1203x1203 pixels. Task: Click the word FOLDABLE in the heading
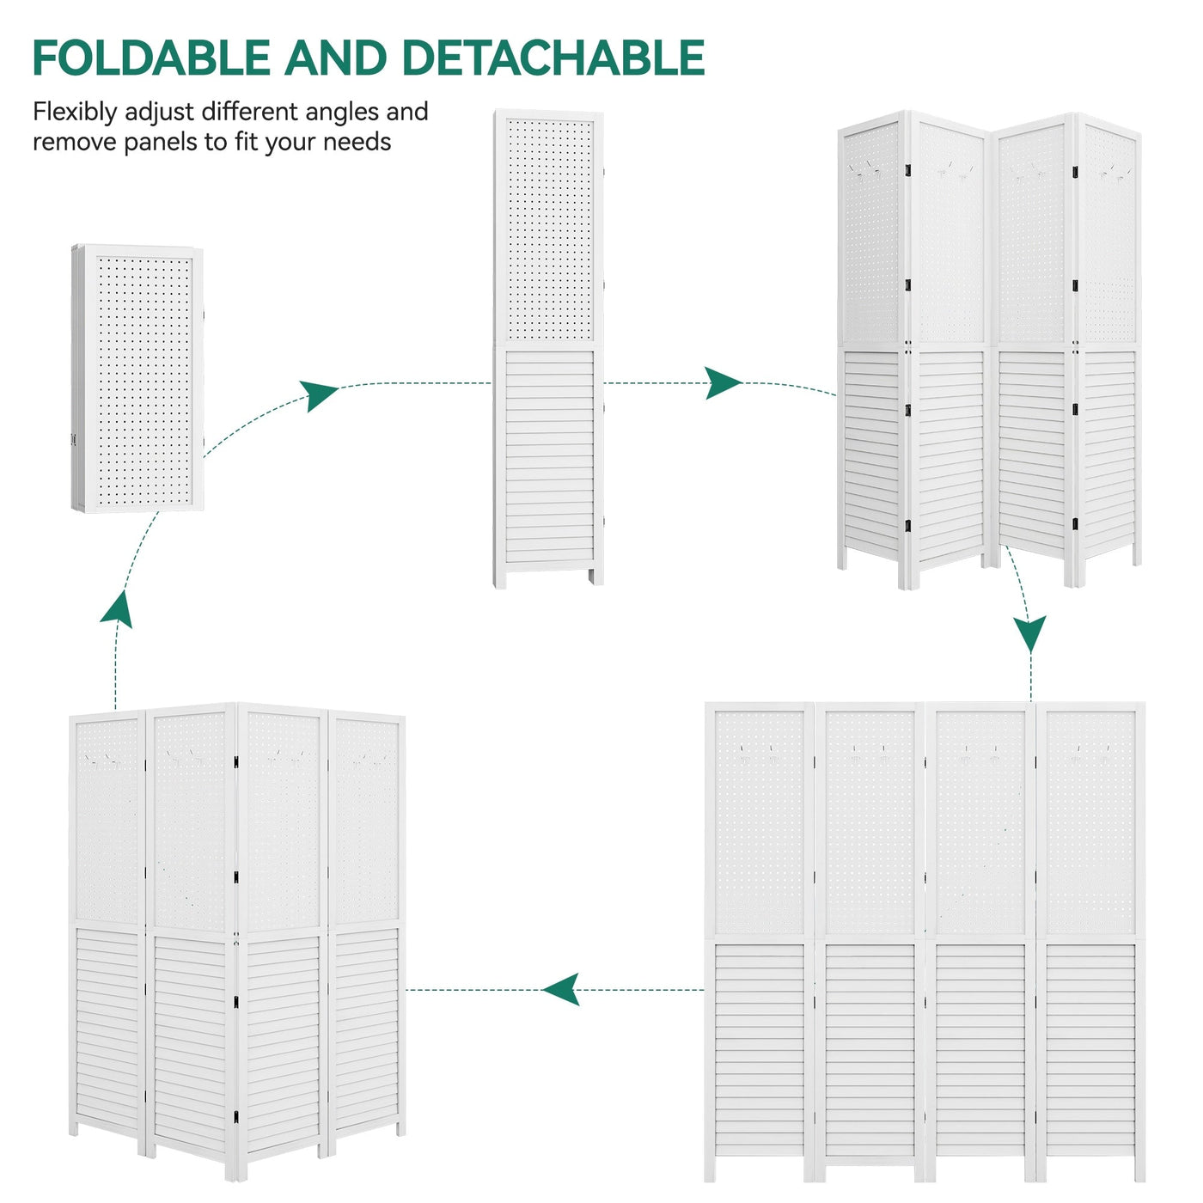pos(150,58)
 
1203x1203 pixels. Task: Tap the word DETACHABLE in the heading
pos(553,58)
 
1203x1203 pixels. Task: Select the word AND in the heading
pos(336,58)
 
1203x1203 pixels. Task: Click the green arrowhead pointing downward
pos(1029,633)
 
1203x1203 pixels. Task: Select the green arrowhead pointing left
pos(561,989)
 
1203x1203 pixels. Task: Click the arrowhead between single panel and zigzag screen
pos(723,382)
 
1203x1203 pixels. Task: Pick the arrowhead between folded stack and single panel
pos(321,395)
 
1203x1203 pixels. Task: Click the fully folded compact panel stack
pos(137,378)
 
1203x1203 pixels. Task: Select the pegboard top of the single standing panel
pos(549,229)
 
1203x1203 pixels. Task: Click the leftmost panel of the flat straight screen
pos(759,937)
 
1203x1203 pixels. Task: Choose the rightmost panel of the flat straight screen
pos(1090,937)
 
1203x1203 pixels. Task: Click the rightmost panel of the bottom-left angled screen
pos(367,928)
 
